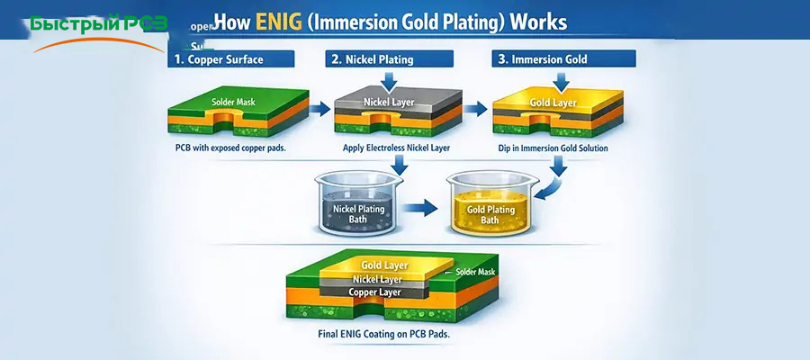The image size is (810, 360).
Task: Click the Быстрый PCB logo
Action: pyautogui.click(x=97, y=25)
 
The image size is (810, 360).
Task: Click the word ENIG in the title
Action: pyautogui.click(x=278, y=20)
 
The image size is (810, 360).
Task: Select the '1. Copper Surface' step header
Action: pyautogui.click(x=230, y=60)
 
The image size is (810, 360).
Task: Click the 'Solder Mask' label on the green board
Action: pyautogui.click(x=233, y=102)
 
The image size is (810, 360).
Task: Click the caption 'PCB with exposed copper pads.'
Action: pyautogui.click(x=231, y=147)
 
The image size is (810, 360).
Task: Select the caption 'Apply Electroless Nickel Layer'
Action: pyautogui.click(x=396, y=147)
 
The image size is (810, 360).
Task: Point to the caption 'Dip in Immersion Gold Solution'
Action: pyautogui.click(x=553, y=147)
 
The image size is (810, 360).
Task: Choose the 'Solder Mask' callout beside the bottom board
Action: pyautogui.click(x=473, y=272)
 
